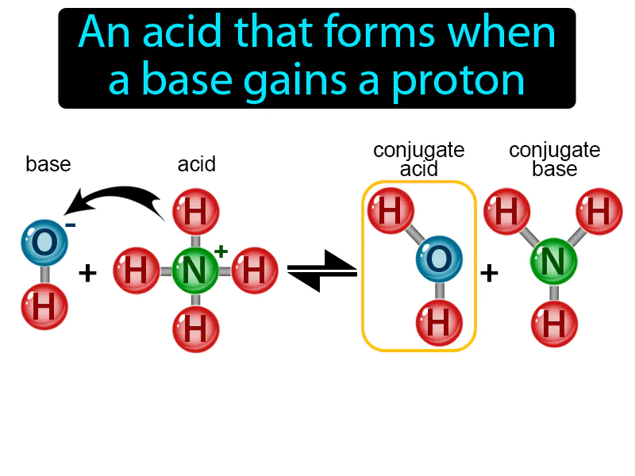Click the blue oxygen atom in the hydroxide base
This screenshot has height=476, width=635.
click(x=44, y=240)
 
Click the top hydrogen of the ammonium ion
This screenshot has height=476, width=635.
click(x=194, y=212)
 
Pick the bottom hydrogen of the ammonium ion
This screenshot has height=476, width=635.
click(x=194, y=328)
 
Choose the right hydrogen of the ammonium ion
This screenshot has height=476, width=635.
click(x=253, y=271)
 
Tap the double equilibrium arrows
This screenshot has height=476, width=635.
click(x=321, y=271)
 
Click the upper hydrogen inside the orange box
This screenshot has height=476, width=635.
click(x=390, y=211)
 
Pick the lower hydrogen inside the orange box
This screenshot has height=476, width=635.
click(x=440, y=322)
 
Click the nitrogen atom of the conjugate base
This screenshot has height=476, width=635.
click(x=553, y=259)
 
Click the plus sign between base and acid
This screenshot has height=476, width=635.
click(x=87, y=274)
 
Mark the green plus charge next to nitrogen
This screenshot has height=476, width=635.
click(x=221, y=251)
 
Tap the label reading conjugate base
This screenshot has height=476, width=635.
click(x=554, y=159)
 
